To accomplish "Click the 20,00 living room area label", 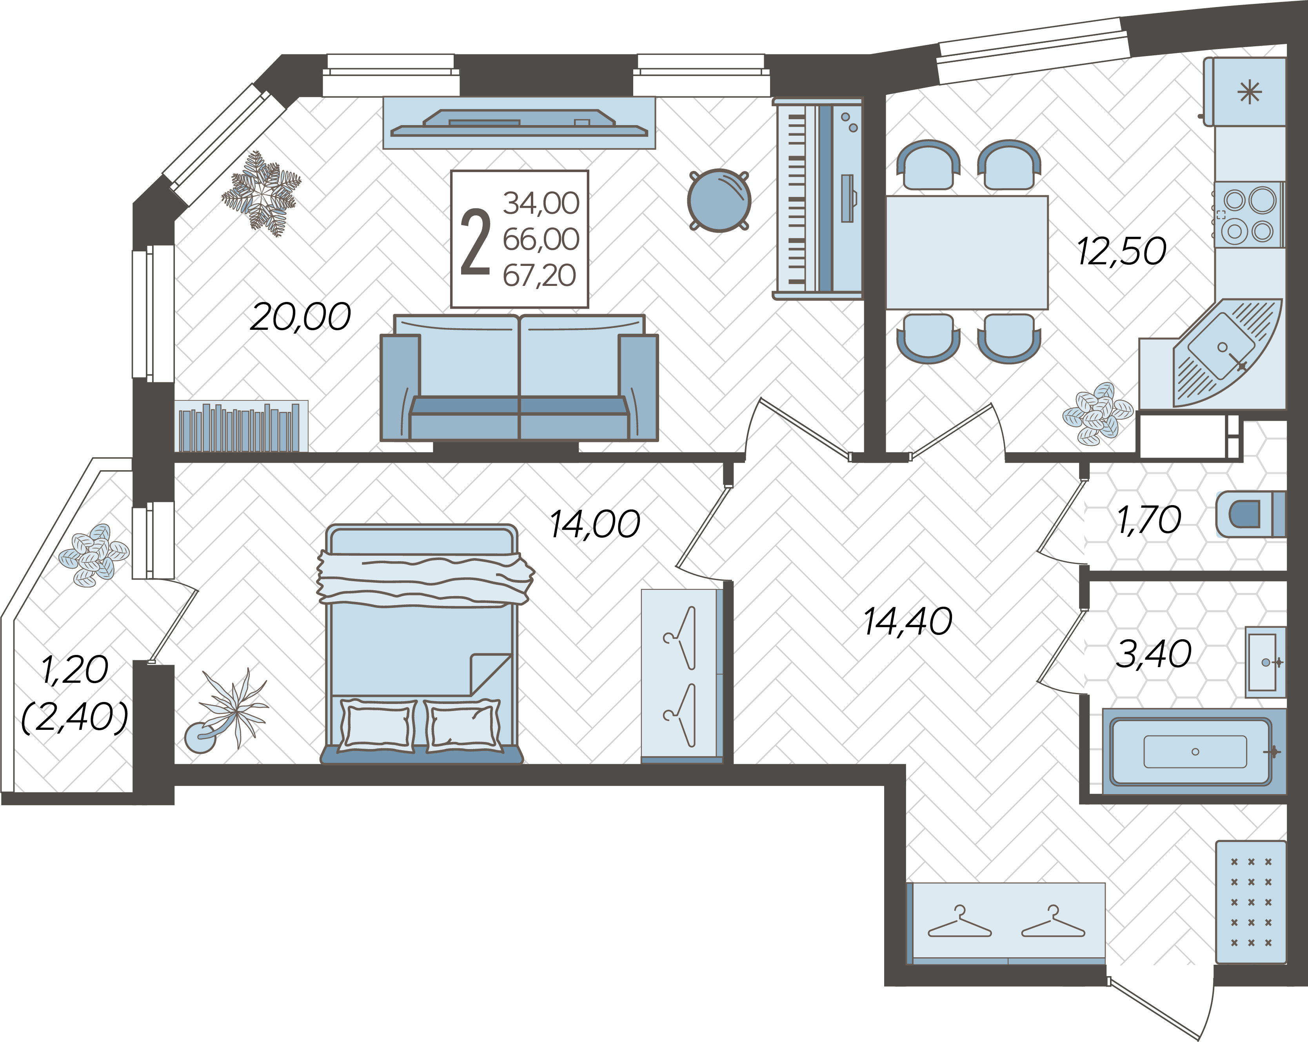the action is click(x=300, y=317).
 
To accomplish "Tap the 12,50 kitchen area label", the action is click(x=1121, y=251).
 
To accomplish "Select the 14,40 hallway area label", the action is click(x=908, y=622).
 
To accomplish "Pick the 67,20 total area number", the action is click(x=540, y=276).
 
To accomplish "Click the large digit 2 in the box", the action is click(x=476, y=242).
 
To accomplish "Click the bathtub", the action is click(x=1194, y=751).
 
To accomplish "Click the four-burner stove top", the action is click(x=1248, y=215).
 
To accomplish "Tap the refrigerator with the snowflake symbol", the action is click(x=1245, y=92).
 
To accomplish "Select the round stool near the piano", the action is click(x=719, y=200).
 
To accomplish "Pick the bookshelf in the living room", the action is click(x=241, y=426).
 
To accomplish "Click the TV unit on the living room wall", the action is click(x=519, y=123).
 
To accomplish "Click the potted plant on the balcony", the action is click(x=94, y=555).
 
